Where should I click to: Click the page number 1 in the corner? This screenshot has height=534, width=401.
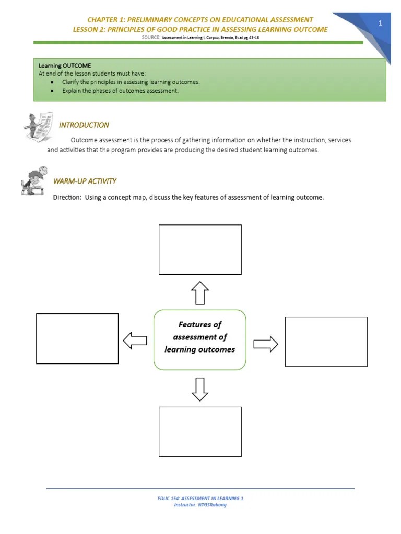(x=381, y=23)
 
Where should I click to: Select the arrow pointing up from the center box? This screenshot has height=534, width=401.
(x=200, y=293)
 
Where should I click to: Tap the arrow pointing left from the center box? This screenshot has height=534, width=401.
(x=135, y=341)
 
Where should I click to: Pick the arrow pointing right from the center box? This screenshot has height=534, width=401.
(x=266, y=344)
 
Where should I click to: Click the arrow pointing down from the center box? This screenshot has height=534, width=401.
(x=200, y=389)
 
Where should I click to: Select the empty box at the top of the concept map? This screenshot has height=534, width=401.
(x=200, y=249)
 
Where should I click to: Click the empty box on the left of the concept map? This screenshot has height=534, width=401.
(x=77, y=338)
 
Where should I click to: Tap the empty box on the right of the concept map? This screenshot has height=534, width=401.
(x=326, y=341)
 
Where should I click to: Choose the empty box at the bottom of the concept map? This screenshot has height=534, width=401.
(x=200, y=432)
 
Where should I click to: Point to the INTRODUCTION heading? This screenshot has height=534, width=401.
(x=84, y=125)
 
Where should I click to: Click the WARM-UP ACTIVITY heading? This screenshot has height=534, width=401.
(x=85, y=181)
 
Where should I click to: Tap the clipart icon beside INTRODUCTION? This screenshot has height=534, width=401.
(x=38, y=127)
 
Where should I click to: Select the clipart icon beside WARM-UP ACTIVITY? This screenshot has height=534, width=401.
(x=34, y=180)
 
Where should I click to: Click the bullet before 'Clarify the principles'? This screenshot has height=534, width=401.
(x=53, y=82)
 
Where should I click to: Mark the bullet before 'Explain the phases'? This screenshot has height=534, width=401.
(x=53, y=91)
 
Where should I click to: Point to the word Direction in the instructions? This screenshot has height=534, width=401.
(x=67, y=197)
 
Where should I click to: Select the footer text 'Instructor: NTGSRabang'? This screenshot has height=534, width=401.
(x=200, y=505)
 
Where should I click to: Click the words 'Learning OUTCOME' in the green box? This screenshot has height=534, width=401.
(x=65, y=66)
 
